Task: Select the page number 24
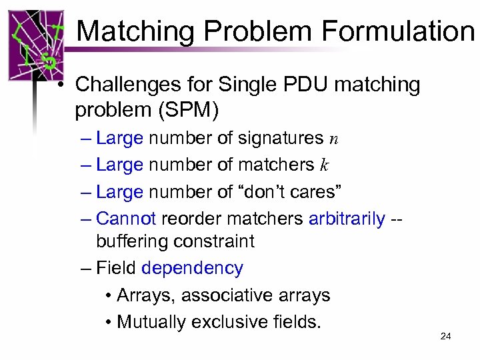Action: click(x=446, y=336)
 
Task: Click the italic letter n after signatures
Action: click(x=334, y=139)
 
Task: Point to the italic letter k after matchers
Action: click(x=325, y=165)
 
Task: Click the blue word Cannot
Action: click(x=126, y=218)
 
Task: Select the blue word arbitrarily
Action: click(x=347, y=218)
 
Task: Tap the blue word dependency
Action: click(x=193, y=268)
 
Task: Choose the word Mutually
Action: click(x=151, y=322)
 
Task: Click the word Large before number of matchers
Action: click(x=119, y=165)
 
